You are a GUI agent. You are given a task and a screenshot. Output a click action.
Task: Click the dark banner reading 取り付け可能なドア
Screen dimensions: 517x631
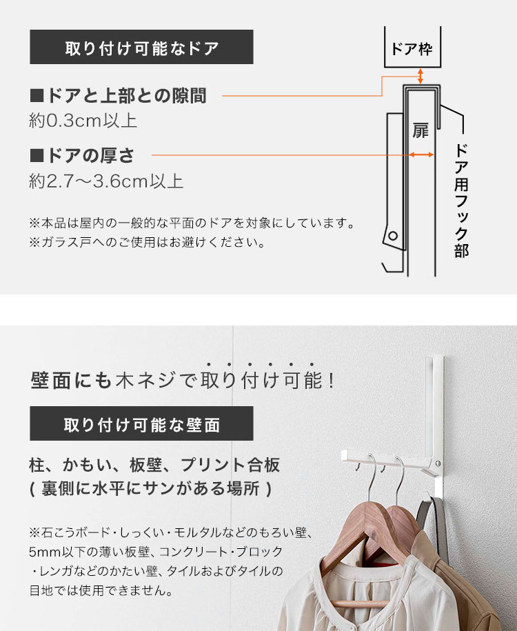pos(141,47)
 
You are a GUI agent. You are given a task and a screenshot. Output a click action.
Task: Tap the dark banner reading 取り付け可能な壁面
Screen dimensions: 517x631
pos(141,423)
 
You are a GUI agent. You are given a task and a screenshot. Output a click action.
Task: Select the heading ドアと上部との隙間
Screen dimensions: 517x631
pos(119,96)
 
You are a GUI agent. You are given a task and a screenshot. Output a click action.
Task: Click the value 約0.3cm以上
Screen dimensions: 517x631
pos(83,120)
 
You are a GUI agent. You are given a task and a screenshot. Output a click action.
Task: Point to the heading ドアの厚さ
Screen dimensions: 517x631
pos(82,155)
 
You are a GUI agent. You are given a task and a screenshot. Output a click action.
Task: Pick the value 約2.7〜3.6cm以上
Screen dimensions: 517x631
pos(106,181)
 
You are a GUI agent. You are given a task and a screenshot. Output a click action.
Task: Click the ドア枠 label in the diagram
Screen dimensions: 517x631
pos(412,50)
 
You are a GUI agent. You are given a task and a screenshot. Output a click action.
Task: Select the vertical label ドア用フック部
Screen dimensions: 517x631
pos(461,201)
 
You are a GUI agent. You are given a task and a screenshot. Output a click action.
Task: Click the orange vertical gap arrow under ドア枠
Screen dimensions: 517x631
pos(420,76)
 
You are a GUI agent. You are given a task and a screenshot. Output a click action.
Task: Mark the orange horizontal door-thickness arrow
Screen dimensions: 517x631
pos(421,154)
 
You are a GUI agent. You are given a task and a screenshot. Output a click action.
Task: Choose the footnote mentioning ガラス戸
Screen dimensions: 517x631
pos(147,242)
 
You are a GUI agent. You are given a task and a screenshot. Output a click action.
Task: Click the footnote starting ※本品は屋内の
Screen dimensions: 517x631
pos(192,223)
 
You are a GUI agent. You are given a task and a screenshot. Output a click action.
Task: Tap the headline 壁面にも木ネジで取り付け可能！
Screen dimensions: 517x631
pos(183,380)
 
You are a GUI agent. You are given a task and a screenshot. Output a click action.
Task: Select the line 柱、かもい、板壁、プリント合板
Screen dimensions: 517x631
pos(154,465)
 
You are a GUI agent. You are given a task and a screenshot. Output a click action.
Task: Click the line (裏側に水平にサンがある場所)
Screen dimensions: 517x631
pos(151,488)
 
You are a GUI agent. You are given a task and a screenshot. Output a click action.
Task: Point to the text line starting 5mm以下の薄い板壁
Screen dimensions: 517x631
pos(156,552)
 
